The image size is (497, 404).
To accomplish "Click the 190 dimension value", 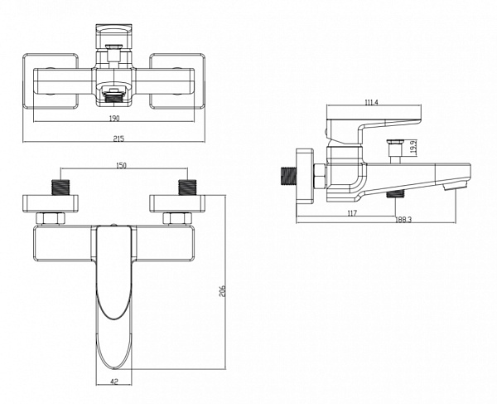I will pos(113,118).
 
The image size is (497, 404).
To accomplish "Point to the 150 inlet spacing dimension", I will pos(121,166).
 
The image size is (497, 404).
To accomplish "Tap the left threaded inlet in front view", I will pos(59,185).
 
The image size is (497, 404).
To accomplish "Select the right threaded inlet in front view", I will pos(186,185).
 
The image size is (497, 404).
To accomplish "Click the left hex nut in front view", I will pos(51,218).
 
